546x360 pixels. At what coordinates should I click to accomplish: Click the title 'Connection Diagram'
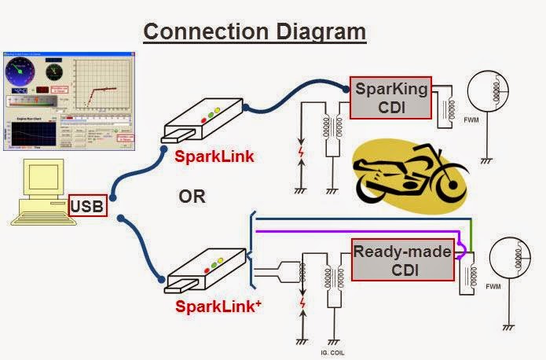pos(255,31)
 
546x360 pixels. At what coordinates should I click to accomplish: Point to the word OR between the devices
pos(191,196)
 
